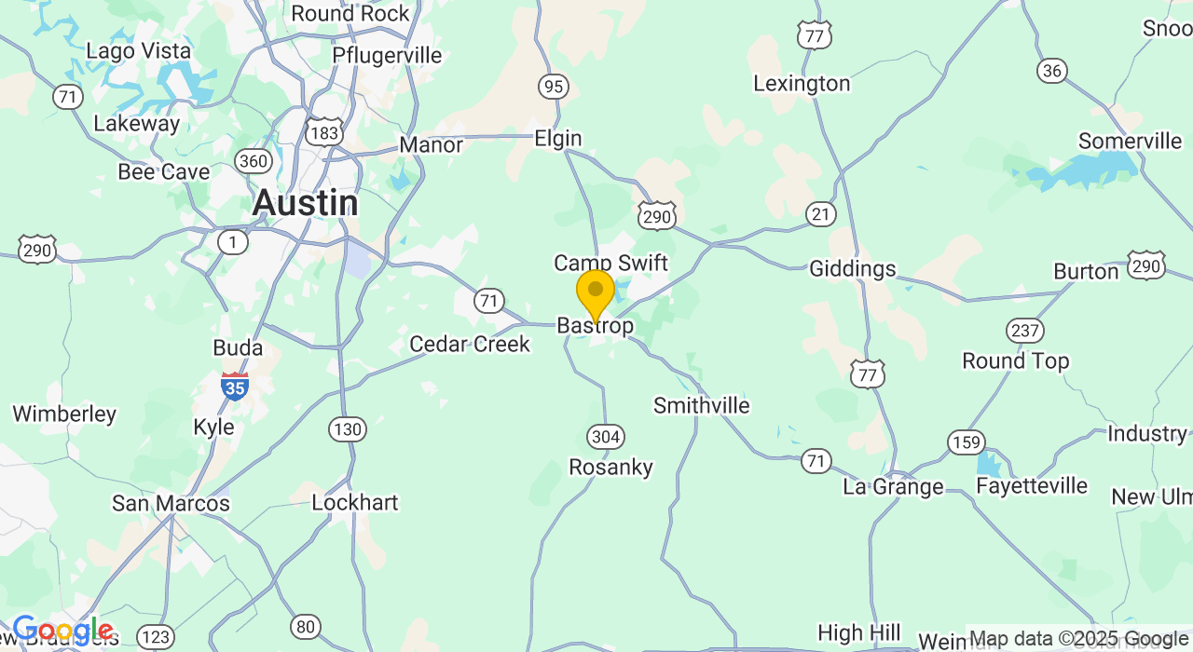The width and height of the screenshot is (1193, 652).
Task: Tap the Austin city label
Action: (x=305, y=202)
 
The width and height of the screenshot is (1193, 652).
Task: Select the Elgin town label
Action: (x=558, y=139)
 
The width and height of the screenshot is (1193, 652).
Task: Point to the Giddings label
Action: (x=852, y=269)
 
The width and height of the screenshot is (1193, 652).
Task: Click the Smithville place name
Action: (x=701, y=405)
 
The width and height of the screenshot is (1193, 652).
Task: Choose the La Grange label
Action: (x=893, y=486)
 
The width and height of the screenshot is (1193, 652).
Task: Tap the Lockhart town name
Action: (x=355, y=503)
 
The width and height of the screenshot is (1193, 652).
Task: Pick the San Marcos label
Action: (x=171, y=503)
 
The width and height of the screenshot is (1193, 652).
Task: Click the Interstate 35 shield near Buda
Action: (x=235, y=386)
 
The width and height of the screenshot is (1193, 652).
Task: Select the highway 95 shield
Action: (x=554, y=87)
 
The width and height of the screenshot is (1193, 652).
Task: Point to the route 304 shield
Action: (x=606, y=436)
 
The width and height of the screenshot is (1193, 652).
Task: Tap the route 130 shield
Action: (x=348, y=429)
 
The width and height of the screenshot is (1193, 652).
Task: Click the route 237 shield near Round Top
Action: (x=1024, y=331)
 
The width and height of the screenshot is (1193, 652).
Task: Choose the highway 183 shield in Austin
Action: (x=323, y=133)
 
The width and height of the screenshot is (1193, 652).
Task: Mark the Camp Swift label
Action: (x=610, y=263)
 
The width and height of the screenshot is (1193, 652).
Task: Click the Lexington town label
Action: (x=802, y=84)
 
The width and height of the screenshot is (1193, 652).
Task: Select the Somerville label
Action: (x=1130, y=141)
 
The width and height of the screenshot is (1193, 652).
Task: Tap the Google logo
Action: (x=62, y=631)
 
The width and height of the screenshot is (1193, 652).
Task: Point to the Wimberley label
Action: (x=64, y=414)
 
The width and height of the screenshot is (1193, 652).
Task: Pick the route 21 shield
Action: (x=821, y=215)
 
